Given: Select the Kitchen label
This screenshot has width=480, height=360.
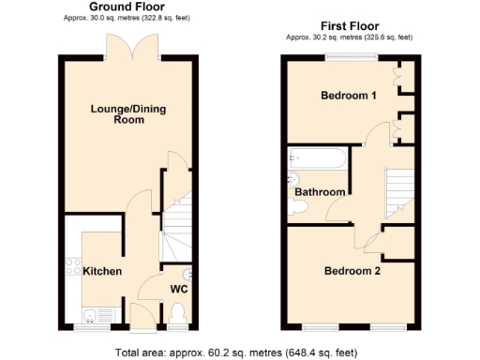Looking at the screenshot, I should tap(102, 271).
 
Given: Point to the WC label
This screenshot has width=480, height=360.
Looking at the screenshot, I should tap(178, 289).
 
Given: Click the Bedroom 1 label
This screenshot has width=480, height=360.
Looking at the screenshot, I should tap(350, 96).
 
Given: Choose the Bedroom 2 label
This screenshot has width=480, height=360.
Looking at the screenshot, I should tap(352, 272).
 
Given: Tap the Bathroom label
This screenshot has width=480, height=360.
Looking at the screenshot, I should tap(321, 192).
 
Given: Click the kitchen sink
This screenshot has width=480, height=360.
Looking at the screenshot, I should tap(95, 313).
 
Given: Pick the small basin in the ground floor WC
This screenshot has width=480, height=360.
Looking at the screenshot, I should tap(190, 275).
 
